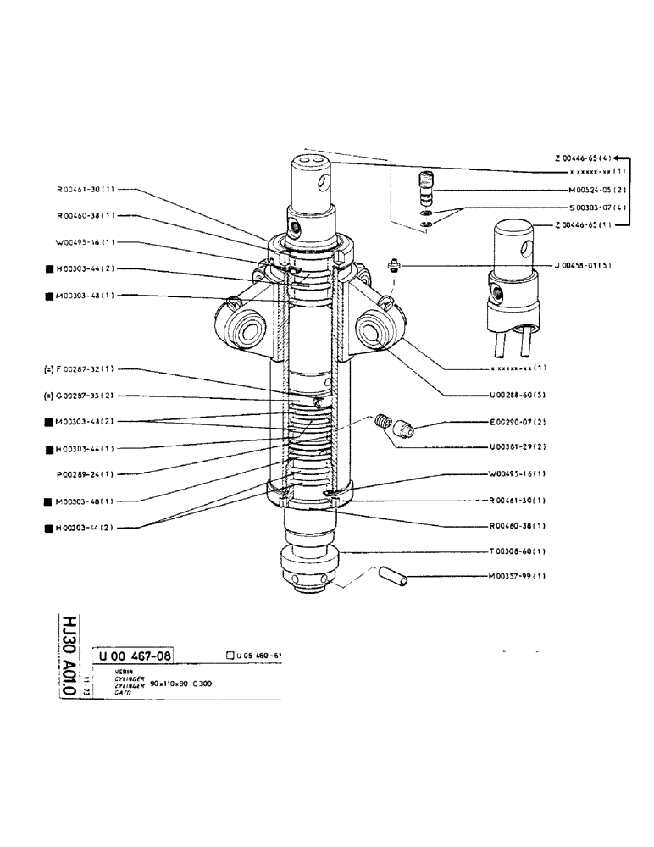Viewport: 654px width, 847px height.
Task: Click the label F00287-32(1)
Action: click(x=81, y=369)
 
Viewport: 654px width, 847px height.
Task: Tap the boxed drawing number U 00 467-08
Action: click(x=135, y=655)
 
